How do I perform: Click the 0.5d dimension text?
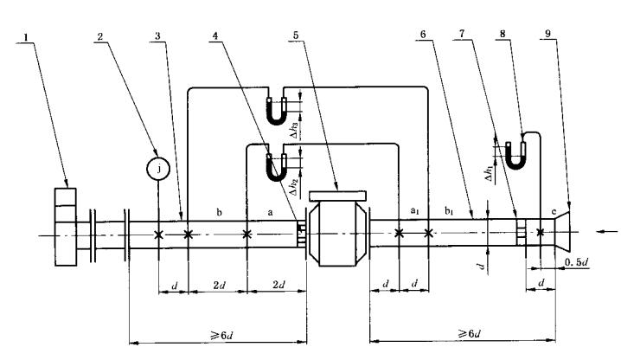(x=575, y=261)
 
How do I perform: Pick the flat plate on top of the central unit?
(x=338, y=193)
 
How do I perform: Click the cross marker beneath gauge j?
(x=158, y=235)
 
